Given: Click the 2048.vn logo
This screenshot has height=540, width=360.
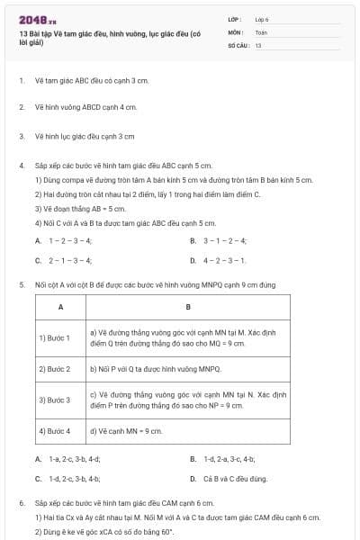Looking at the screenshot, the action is (38, 21).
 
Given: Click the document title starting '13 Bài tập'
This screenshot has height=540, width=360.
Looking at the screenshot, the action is (108, 38).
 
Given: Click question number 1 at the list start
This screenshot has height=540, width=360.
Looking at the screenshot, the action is (21, 80).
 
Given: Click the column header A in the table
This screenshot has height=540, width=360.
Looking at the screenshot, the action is (60, 308).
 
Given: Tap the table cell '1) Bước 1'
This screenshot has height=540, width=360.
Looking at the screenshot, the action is (55, 337).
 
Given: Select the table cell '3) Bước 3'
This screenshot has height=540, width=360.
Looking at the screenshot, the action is (55, 400).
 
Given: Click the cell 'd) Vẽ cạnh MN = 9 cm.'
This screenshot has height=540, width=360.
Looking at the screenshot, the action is (126, 431).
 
